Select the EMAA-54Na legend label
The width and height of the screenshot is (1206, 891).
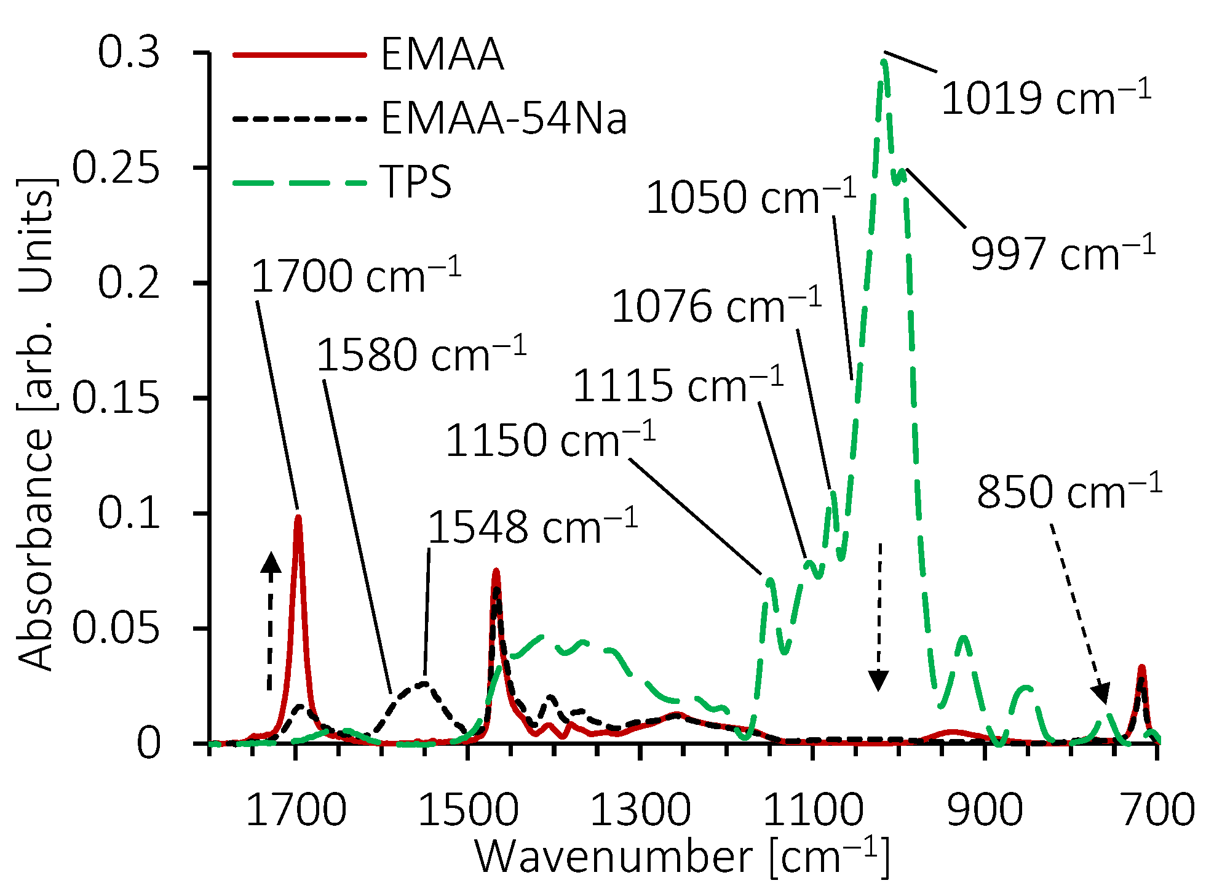(x=503, y=118)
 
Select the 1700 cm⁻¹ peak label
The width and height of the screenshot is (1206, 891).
(x=355, y=276)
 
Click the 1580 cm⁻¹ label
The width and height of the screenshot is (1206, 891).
(x=421, y=355)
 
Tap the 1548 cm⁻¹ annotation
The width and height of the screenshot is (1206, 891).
(x=532, y=528)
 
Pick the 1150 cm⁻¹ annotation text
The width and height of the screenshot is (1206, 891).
(x=550, y=441)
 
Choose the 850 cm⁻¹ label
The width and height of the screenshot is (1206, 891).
(x=1069, y=492)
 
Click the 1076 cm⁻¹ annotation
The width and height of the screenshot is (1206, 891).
(x=716, y=306)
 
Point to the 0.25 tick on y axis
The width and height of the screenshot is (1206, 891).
(x=116, y=167)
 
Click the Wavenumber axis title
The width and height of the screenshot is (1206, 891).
(x=681, y=857)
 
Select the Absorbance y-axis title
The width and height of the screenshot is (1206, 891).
(x=36, y=425)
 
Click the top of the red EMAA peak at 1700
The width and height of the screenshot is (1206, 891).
(x=298, y=518)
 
